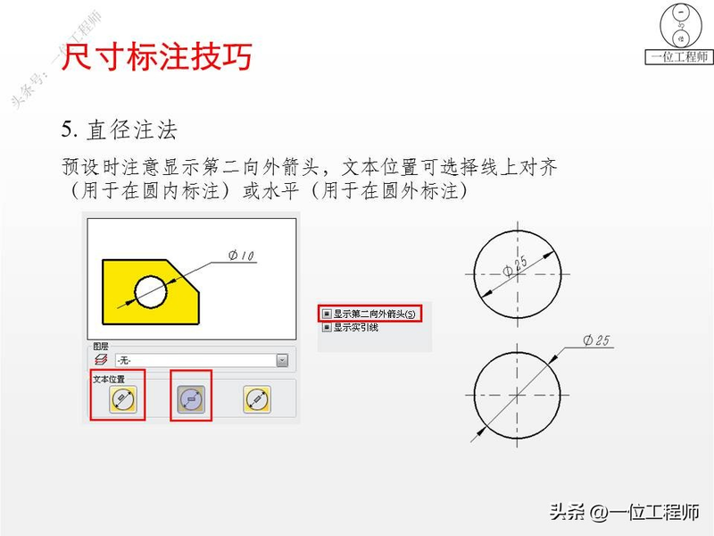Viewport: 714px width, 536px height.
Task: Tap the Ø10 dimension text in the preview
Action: (242, 256)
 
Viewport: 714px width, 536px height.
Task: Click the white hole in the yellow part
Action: (151, 290)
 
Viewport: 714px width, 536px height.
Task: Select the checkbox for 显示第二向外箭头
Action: (327, 314)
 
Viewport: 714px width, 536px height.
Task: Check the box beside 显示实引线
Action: (327, 327)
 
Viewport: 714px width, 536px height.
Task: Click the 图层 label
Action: (101, 346)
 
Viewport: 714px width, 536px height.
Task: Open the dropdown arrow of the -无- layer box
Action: (282, 361)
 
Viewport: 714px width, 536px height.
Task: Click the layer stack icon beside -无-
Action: (100, 361)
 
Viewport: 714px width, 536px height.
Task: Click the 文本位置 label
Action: (110, 380)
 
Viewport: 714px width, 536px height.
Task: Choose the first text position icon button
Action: (123, 400)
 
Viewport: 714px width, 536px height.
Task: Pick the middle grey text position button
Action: (190, 400)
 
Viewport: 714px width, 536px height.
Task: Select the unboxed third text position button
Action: (257, 400)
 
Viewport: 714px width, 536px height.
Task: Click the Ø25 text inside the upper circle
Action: (515, 264)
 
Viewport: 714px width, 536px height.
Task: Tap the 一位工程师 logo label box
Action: (680, 57)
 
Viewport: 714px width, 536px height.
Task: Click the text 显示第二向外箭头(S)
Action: (375, 314)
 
